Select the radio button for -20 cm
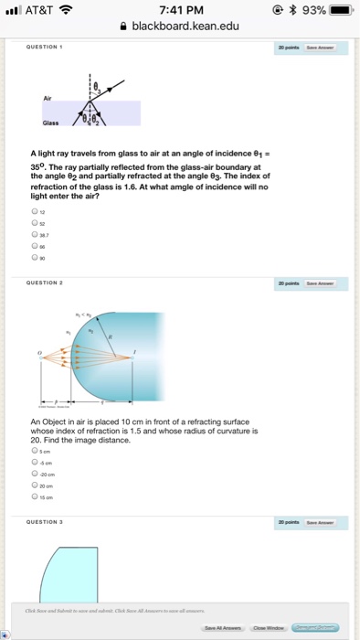click(34, 474)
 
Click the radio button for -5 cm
click(34, 463)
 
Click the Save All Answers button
click(223, 627)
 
